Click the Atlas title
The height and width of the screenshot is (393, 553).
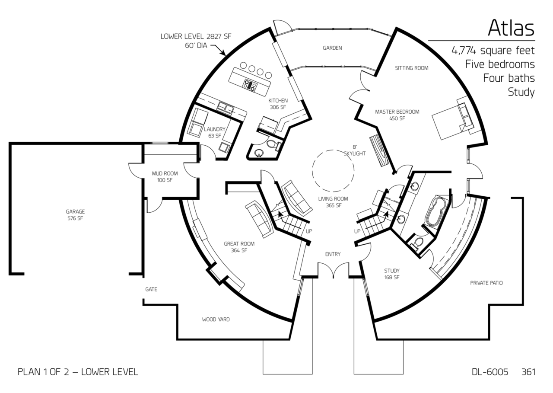(511, 28)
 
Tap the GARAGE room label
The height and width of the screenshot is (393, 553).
(75, 212)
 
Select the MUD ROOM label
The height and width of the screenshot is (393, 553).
(165, 174)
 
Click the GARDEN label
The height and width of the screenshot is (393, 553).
(332, 48)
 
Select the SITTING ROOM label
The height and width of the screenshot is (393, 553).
(412, 68)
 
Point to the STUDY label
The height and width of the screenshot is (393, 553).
(392, 271)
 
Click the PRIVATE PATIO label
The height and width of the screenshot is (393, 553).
(486, 283)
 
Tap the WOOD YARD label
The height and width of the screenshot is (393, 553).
(216, 320)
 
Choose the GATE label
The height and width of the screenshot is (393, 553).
(151, 289)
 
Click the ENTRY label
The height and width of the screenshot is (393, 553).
(333, 254)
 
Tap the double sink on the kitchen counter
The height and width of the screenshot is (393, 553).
(225, 108)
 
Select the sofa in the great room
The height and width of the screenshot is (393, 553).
(259, 219)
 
